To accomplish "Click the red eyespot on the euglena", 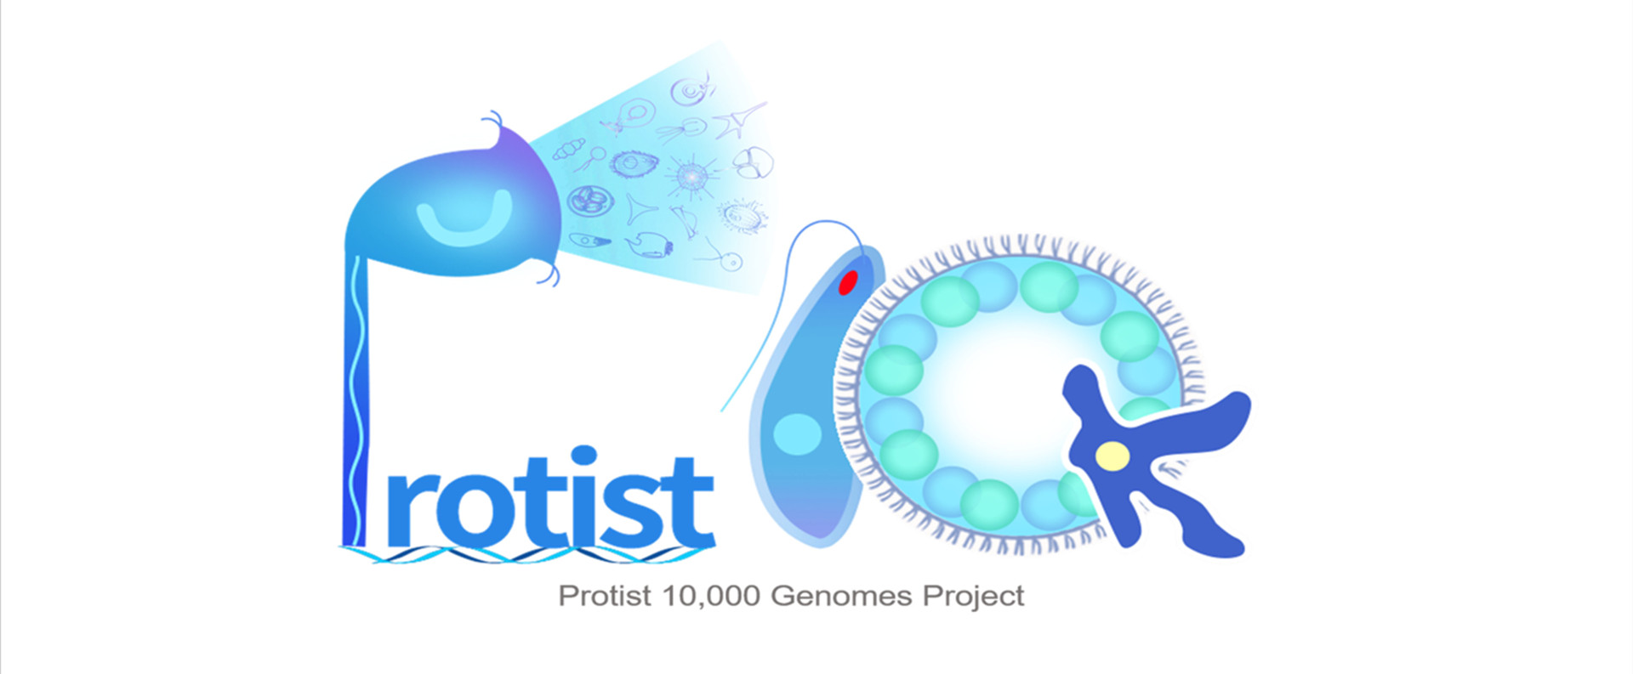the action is point(847,282).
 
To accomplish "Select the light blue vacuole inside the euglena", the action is point(797,433).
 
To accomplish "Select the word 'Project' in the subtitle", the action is point(974,597).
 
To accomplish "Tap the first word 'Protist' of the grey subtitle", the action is point(605,596).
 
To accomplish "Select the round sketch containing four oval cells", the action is point(589,202).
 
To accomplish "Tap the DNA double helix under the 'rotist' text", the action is point(526,554).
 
